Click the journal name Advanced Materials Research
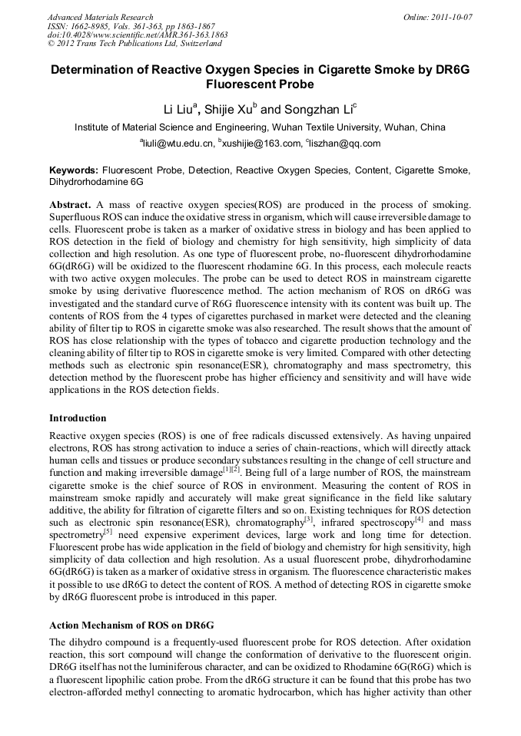(x=100, y=17)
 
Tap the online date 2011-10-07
(x=453, y=17)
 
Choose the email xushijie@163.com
(x=261, y=144)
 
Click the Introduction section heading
(x=78, y=418)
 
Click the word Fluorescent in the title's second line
(x=260, y=84)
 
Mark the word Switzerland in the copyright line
(x=196, y=45)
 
